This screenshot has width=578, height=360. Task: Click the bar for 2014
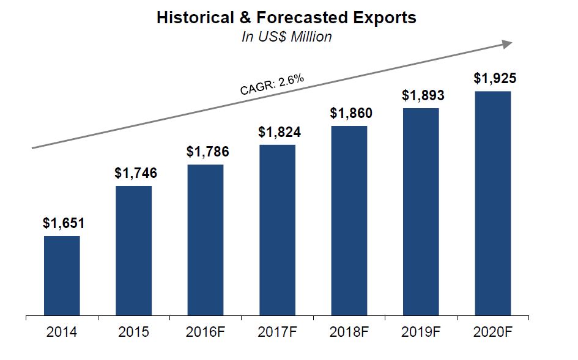coord(62,276)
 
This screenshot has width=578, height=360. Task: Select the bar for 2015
coord(133,251)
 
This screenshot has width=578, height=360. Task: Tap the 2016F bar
coord(206,240)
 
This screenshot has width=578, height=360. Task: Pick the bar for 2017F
coord(277,230)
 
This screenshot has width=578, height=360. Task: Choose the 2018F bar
coord(349,221)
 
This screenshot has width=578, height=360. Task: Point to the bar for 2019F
coord(421,212)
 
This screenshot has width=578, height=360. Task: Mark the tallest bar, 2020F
coord(493,204)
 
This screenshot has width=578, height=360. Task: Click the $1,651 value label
coord(64,223)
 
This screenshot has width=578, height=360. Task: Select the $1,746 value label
coord(136,173)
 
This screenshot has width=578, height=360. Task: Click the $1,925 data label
coord(495,78)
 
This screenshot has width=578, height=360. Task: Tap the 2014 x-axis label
coord(62,333)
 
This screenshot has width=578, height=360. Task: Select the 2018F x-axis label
coord(349,333)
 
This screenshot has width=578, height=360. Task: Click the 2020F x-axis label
coord(493,333)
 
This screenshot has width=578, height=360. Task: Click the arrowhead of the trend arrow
coord(506,44)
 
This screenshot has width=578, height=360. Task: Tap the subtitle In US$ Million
coord(286,37)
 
